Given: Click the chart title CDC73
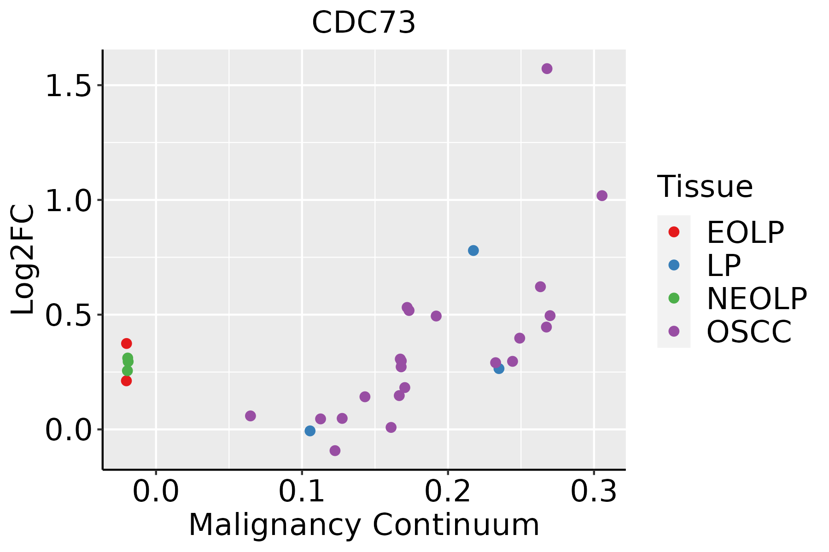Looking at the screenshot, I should click(x=363, y=23).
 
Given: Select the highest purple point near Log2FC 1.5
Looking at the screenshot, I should click(x=547, y=69).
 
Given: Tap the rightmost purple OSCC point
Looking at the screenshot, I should click(x=601, y=195).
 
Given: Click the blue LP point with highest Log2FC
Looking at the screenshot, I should click(x=473, y=250).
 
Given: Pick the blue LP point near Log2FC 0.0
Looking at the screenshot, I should click(x=310, y=431).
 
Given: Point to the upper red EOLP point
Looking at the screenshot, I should click(x=126, y=343).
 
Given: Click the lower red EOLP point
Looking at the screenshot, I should click(x=126, y=380).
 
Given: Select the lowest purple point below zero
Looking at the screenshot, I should click(x=335, y=450).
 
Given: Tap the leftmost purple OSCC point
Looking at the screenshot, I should click(x=250, y=416).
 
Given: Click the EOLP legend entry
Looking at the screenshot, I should click(x=745, y=232).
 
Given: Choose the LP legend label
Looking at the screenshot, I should click(x=724, y=265).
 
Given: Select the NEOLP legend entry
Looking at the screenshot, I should click(x=756, y=299).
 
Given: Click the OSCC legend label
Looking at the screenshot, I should click(x=749, y=332).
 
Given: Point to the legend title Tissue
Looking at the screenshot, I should click(x=705, y=187).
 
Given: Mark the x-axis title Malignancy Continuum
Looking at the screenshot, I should click(x=364, y=525).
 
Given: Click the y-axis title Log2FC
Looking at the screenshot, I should click(x=23, y=260).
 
